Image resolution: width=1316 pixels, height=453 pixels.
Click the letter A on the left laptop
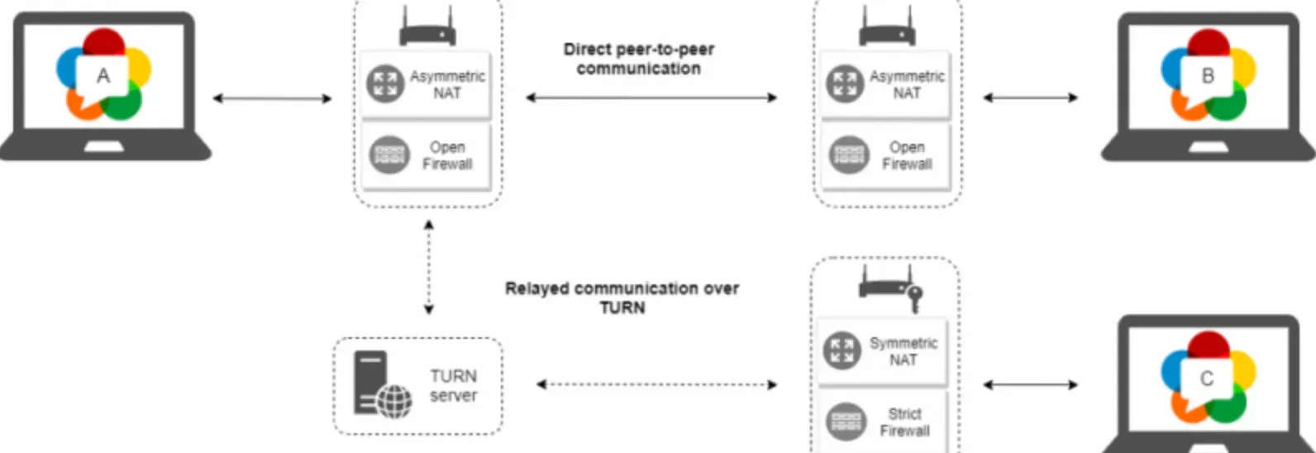click(x=103, y=76)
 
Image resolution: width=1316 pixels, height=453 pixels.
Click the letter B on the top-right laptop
click(x=1208, y=76)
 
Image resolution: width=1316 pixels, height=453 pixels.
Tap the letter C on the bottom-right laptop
click(x=1207, y=379)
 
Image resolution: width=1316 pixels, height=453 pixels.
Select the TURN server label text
click(x=453, y=385)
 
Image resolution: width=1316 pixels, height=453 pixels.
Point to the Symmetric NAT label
click(x=903, y=351)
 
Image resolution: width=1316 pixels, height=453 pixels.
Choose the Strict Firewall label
click(x=904, y=422)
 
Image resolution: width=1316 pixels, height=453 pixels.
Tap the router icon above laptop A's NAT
click(x=427, y=28)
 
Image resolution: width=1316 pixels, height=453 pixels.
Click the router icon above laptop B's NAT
click(x=887, y=28)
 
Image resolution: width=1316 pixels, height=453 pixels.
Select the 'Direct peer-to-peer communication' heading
click(x=638, y=59)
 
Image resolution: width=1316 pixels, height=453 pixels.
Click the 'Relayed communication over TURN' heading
click(x=622, y=298)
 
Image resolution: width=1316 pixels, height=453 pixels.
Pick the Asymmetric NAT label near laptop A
click(x=447, y=84)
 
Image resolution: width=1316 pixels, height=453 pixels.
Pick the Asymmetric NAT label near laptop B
click(x=907, y=84)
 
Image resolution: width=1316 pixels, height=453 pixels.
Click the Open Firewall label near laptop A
click(x=447, y=155)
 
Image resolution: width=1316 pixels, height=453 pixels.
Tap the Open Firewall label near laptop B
click(x=907, y=155)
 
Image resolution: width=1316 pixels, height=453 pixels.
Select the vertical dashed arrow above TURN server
click(x=428, y=267)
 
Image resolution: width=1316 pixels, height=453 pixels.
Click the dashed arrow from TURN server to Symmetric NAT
click(x=656, y=384)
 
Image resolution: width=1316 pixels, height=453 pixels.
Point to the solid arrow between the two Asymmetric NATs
click(x=651, y=98)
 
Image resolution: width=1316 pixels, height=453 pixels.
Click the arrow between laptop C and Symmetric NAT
click(x=1030, y=384)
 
